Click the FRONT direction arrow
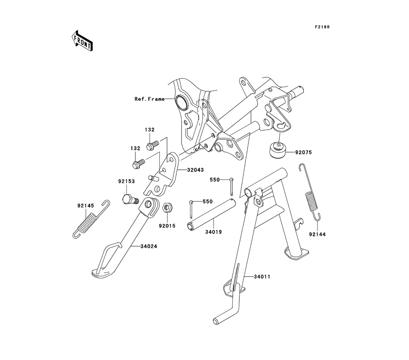pos(82,40)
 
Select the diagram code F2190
pos(322,27)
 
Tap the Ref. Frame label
pos(150,99)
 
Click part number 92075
pos(303,153)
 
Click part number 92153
pos(127,181)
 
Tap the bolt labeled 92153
pos(130,199)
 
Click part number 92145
pos(86,206)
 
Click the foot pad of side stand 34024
pos(102,272)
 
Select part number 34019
pos(213,232)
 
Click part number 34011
pos(262,277)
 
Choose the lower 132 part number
pos(135,148)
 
